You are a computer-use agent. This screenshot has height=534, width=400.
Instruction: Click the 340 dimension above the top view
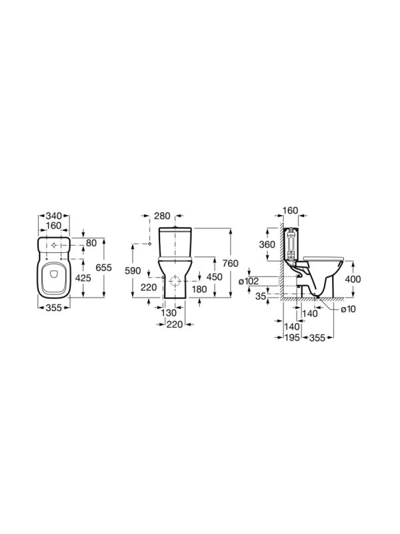[54, 216]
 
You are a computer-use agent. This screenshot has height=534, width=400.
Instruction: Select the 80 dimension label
[91, 243]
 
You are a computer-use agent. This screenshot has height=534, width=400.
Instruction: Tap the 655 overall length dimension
[103, 268]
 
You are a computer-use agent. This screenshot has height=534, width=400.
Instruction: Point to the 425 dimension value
[83, 278]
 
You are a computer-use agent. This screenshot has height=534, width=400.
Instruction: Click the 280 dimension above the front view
[162, 216]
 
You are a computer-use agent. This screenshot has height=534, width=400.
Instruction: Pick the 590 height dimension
[133, 271]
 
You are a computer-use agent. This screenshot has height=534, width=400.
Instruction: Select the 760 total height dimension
[231, 263]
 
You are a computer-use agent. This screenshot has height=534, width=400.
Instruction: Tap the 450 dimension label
[214, 276]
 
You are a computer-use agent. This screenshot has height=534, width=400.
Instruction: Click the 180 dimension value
[199, 289]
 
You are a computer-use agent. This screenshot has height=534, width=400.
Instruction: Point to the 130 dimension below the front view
[169, 312]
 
